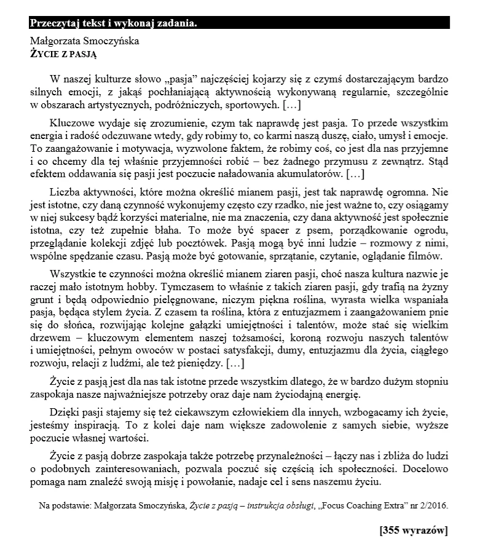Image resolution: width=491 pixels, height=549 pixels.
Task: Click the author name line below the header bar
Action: point(84,41)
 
